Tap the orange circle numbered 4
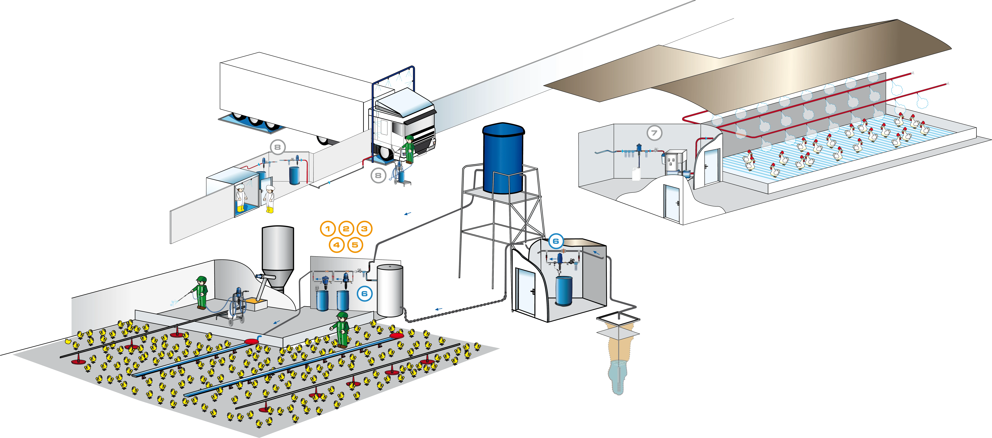tap(337, 245)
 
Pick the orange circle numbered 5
tap(355, 245)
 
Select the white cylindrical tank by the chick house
tap(390, 290)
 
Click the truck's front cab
tap(404, 123)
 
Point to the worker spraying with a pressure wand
tap(201, 292)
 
